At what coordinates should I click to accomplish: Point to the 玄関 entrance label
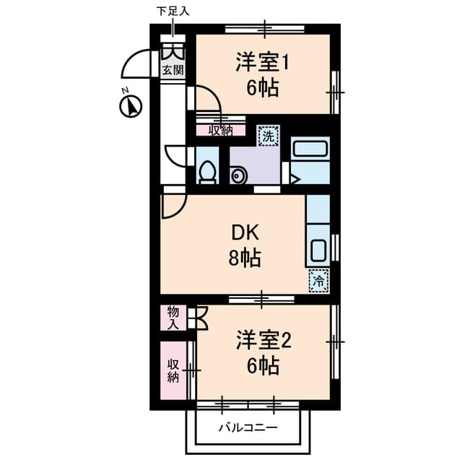point(173,70)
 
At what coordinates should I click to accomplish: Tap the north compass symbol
point(130,106)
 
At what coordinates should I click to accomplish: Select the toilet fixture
point(207,172)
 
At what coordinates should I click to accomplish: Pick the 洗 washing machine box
point(268,134)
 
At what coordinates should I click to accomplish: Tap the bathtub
point(310,149)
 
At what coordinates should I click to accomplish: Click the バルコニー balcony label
point(248,428)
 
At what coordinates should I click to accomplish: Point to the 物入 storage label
point(173,317)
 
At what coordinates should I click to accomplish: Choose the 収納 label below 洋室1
point(221,130)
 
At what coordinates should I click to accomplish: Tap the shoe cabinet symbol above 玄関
point(173,52)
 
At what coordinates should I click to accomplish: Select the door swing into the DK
point(172,206)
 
